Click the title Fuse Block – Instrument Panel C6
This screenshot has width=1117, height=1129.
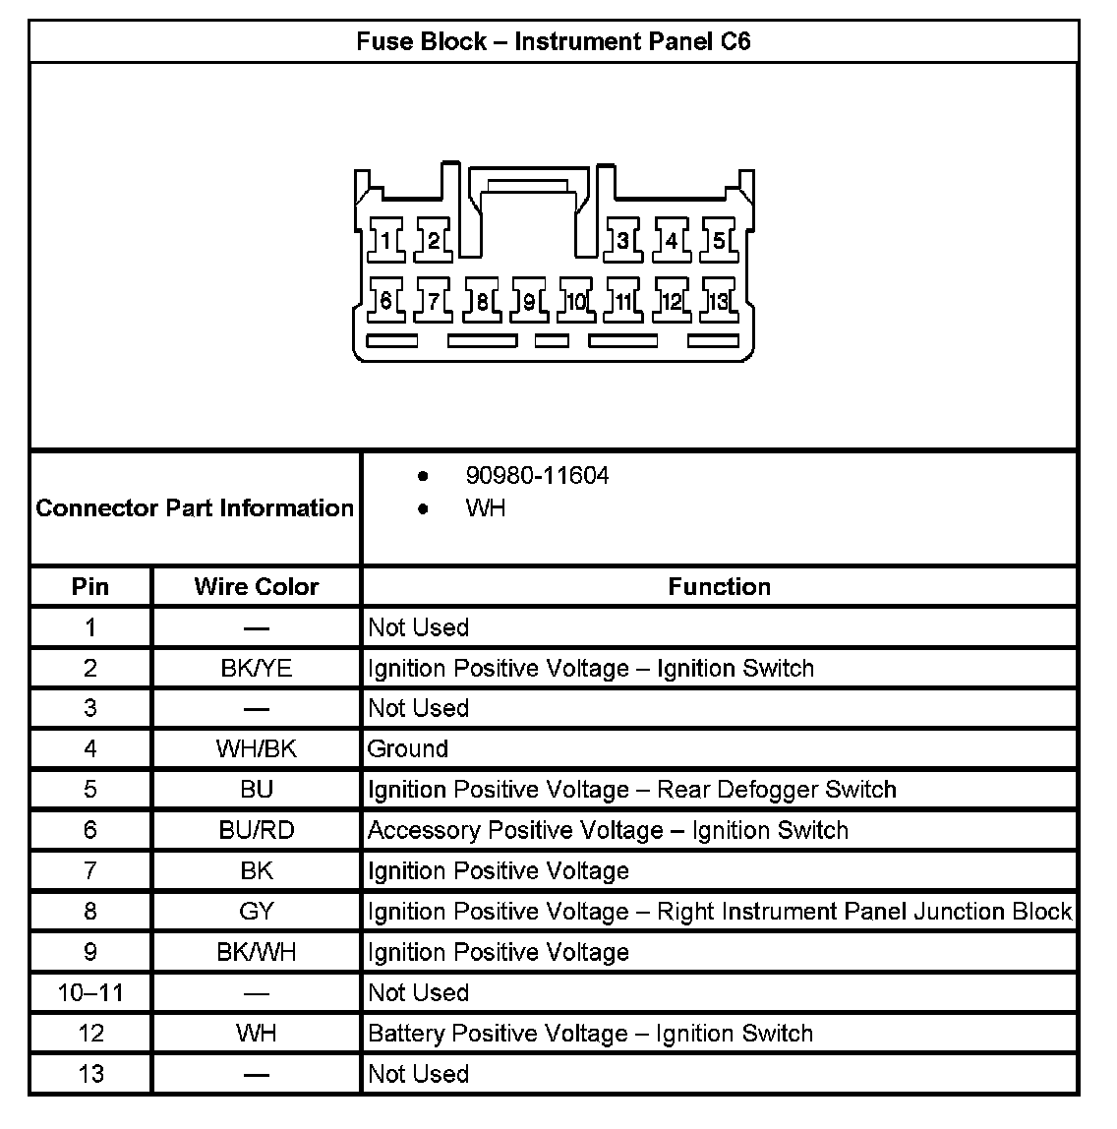tap(553, 42)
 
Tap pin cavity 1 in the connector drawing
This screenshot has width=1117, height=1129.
tap(386, 240)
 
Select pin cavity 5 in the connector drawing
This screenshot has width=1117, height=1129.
tap(719, 240)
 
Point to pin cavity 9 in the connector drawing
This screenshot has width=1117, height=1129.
tap(529, 300)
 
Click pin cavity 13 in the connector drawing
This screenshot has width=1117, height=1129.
tap(719, 300)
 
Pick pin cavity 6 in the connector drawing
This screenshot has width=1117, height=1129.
tap(386, 300)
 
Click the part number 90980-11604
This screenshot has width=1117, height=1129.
tap(537, 476)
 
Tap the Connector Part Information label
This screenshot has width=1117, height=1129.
tap(195, 508)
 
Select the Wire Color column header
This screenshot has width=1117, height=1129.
tap(257, 587)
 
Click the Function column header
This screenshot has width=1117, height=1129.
tap(719, 587)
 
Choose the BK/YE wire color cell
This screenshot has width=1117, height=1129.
tap(257, 669)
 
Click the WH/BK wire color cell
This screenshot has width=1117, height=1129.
tap(257, 749)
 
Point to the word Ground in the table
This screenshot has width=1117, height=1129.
tap(408, 749)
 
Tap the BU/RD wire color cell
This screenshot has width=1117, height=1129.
tap(257, 831)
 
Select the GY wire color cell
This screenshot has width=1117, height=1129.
tap(257, 912)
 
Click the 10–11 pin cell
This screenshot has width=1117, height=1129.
tap(90, 993)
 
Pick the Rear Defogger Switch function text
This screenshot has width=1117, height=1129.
tap(777, 790)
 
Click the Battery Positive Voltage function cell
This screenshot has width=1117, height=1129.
tap(590, 1034)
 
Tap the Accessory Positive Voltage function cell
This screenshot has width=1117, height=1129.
tap(608, 831)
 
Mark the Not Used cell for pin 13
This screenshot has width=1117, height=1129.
tap(418, 1074)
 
